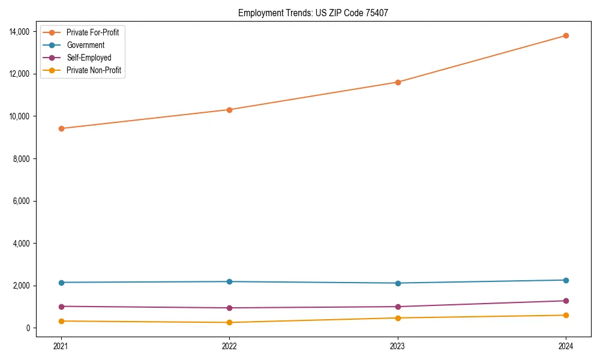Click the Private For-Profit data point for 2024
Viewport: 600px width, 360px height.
click(x=566, y=35)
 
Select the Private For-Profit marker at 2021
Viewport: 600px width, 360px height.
click(x=61, y=128)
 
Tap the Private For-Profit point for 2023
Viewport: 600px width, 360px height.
click(x=398, y=82)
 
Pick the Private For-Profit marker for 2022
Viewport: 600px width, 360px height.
click(x=229, y=110)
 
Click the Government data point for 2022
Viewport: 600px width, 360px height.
click(x=229, y=281)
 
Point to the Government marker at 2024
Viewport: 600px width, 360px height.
click(x=566, y=280)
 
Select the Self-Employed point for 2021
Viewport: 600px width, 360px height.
click(x=61, y=307)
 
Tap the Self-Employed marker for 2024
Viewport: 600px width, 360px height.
click(x=566, y=301)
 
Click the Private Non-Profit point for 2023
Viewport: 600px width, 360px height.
click(x=398, y=318)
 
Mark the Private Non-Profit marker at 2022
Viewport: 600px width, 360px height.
click(x=229, y=323)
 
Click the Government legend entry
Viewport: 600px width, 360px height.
click(x=85, y=45)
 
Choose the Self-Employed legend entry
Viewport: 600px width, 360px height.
click(x=89, y=58)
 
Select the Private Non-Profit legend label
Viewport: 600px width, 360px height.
click(x=94, y=70)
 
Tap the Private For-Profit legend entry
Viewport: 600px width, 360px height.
click(x=92, y=32)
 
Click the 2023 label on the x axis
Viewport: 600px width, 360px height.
click(x=398, y=346)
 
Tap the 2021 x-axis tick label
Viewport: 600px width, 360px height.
click(x=61, y=346)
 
